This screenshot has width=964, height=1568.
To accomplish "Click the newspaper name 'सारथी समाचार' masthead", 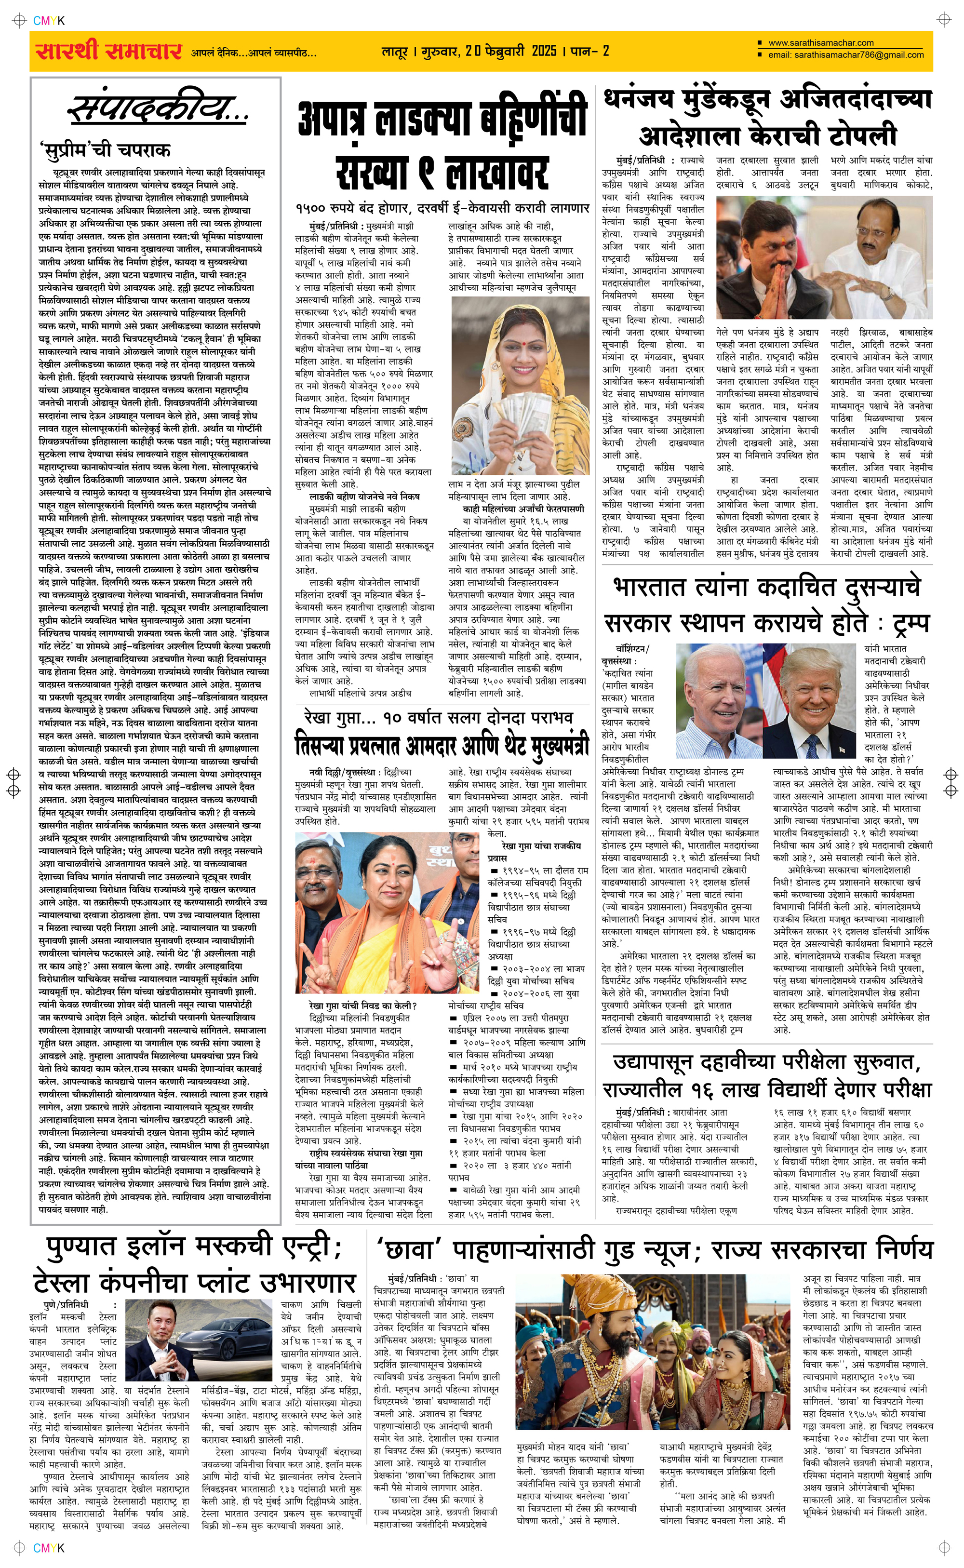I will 108,51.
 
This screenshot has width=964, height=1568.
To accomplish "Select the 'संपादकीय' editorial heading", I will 157,107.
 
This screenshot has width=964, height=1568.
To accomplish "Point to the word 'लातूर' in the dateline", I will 394,51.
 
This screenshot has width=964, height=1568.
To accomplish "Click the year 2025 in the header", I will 544,51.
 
